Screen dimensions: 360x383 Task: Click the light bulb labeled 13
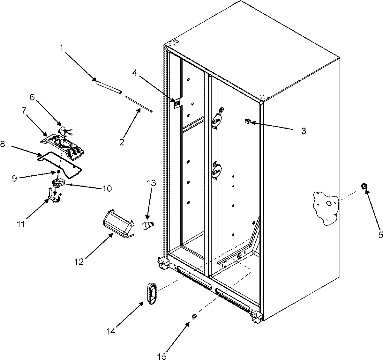click(x=148, y=225)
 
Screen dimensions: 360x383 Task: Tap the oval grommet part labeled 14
click(x=152, y=293)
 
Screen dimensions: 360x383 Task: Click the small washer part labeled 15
click(x=194, y=317)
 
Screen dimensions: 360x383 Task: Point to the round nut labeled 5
click(x=364, y=186)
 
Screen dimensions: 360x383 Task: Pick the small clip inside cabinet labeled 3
click(x=247, y=121)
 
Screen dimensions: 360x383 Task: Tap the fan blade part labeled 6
click(x=65, y=130)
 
